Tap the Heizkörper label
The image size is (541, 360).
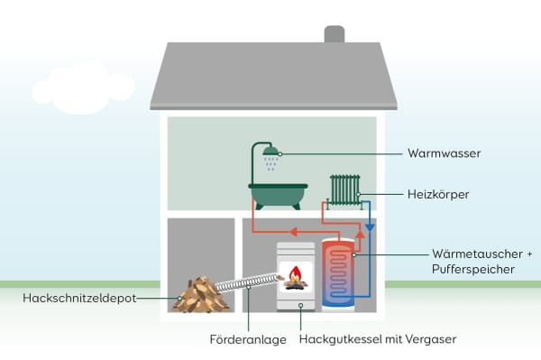[x=438, y=194]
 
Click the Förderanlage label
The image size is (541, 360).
[x=248, y=339]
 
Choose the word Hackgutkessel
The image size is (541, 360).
[x=338, y=339]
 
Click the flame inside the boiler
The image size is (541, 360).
[x=294, y=274]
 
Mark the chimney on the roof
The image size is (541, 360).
[x=335, y=33]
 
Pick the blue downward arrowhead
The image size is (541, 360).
[x=370, y=229]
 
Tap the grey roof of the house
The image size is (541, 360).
[x=270, y=77]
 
